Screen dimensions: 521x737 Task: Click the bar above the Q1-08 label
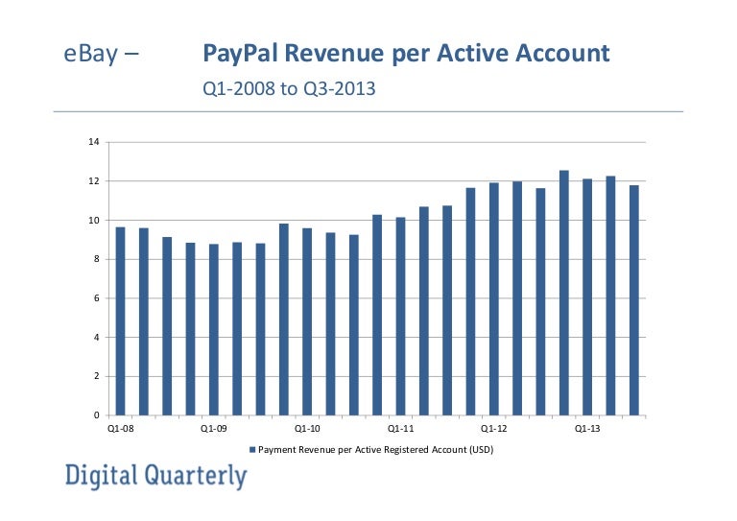(x=120, y=321)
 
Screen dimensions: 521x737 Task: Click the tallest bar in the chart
(x=564, y=293)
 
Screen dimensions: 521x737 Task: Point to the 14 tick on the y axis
(x=94, y=142)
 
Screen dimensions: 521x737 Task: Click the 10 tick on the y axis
(x=94, y=221)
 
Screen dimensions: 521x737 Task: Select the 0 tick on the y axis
(x=96, y=415)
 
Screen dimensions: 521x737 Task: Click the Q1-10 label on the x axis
(x=307, y=429)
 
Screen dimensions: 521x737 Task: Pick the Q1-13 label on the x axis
(x=587, y=429)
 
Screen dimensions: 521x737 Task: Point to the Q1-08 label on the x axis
(x=120, y=429)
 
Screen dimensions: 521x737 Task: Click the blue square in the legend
(x=252, y=449)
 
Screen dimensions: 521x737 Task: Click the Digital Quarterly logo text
(x=155, y=476)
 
